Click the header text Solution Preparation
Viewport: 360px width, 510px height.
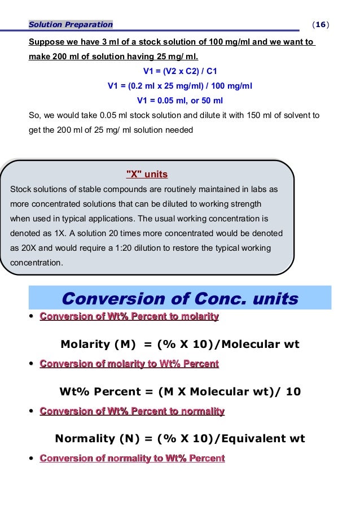[71, 24]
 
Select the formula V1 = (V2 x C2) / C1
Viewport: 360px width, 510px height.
[180, 72]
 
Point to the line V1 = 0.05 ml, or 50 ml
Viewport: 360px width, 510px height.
[180, 101]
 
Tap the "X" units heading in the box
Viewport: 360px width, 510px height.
[146, 174]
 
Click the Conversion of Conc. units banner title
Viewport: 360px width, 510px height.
[179, 299]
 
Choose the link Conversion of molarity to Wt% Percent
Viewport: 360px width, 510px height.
[129, 364]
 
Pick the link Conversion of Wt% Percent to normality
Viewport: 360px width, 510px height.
[132, 411]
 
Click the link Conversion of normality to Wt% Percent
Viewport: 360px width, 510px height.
[132, 458]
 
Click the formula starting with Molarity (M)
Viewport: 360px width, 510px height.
[179, 344]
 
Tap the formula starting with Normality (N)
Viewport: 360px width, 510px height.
[179, 438]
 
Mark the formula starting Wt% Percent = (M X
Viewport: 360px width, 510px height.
[180, 391]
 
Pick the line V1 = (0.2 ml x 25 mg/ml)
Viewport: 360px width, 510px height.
[180, 86]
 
